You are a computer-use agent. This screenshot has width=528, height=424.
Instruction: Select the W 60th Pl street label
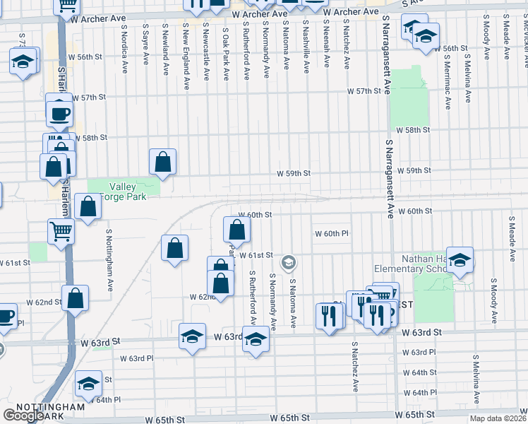[332, 233]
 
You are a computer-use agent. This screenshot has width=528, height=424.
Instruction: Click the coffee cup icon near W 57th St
[59, 111]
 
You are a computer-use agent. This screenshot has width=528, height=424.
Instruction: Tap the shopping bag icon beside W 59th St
[163, 162]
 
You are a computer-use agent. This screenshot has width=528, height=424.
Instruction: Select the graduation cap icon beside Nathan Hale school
[459, 260]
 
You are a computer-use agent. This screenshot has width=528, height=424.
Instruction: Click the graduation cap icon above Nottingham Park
[88, 384]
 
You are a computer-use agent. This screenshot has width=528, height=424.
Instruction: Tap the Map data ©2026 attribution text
[498, 418]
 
